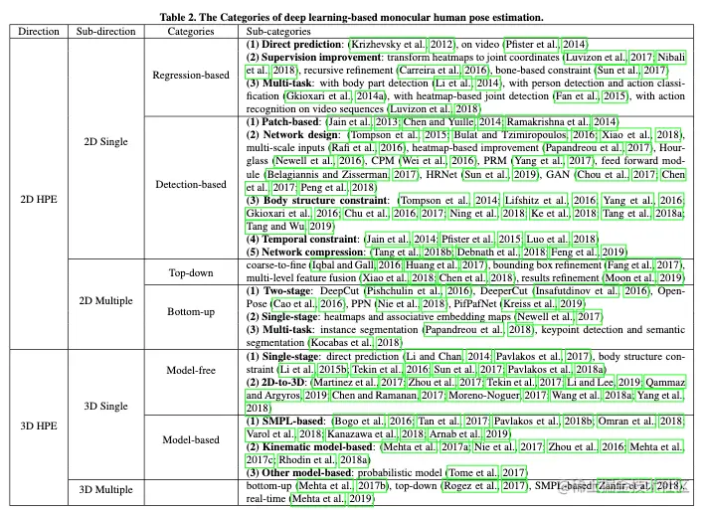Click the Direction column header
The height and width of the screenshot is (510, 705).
pos(38,32)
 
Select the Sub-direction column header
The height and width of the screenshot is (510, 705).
pos(99,32)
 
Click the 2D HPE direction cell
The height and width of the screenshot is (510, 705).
pos(38,198)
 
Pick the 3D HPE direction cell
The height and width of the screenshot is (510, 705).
pos(38,425)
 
